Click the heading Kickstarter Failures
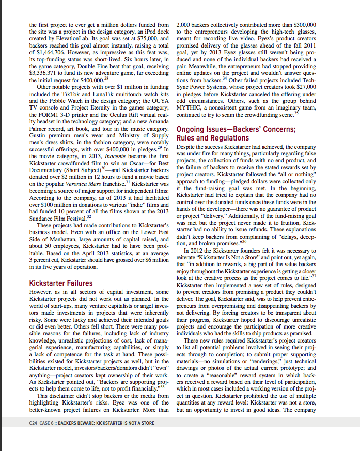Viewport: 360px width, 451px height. coord(61,283)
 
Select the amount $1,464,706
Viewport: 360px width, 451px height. coord(50,53)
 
